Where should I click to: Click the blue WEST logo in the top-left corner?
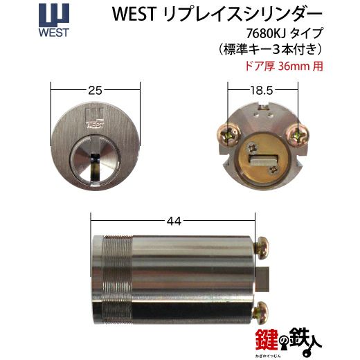pos(21,21)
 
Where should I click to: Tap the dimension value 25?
pos(96,89)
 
